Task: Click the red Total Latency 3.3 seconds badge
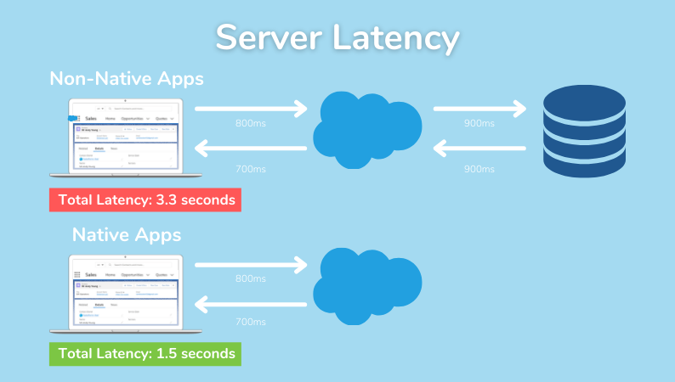click(145, 200)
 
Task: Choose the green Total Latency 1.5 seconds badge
click(145, 353)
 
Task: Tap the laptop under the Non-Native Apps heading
click(116, 138)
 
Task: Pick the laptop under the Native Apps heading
click(116, 294)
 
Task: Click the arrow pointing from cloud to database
click(479, 109)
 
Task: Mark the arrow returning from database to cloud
click(479, 149)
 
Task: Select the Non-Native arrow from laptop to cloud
click(251, 109)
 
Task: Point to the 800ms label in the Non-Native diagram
click(251, 124)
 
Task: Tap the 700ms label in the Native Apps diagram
click(251, 322)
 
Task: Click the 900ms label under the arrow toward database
click(479, 124)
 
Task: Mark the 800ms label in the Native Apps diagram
click(251, 278)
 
